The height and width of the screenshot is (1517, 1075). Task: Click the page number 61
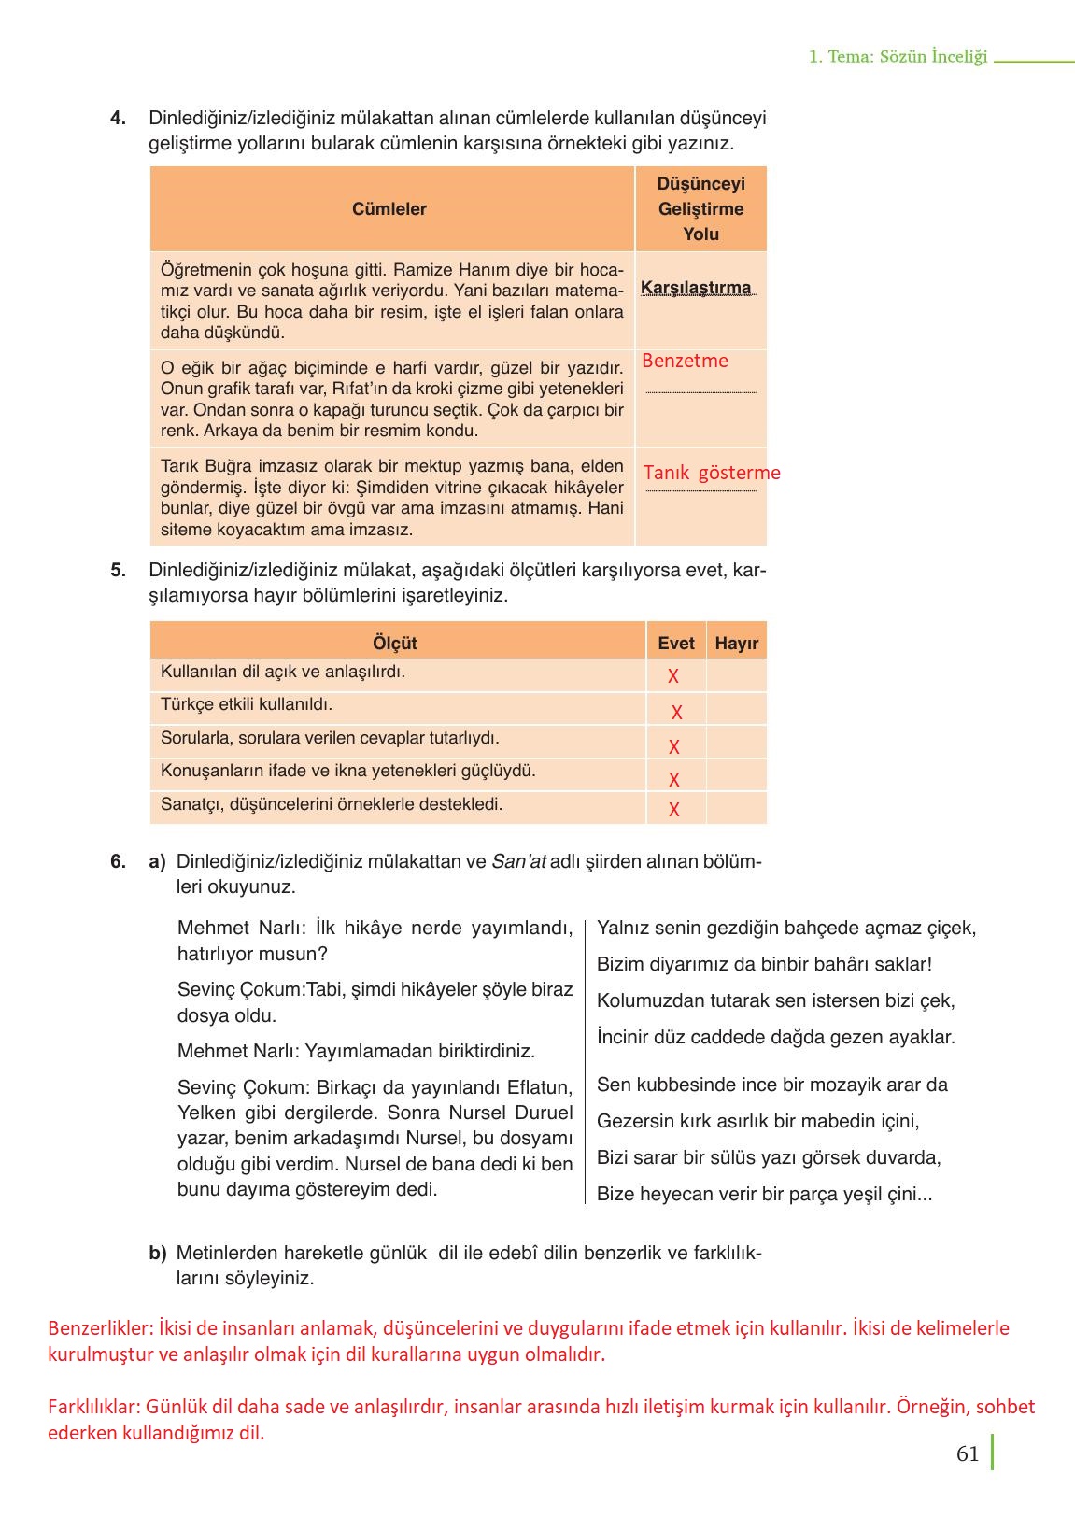(x=968, y=1453)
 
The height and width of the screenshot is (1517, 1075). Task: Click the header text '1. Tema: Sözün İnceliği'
(x=898, y=57)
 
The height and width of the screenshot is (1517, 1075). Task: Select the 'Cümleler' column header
(x=389, y=209)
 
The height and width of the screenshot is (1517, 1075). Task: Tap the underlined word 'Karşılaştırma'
(x=696, y=288)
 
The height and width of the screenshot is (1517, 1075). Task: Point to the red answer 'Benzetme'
(x=685, y=361)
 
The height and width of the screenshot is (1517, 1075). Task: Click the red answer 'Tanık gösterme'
(x=711, y=473)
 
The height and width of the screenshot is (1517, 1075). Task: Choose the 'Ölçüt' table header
(x=394, y=643)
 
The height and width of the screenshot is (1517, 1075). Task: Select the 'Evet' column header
(x=676, y=643)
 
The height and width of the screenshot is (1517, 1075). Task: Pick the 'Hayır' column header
(x=736, y=643)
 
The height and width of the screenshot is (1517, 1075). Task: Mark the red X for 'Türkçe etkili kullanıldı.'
(x=677, y=713)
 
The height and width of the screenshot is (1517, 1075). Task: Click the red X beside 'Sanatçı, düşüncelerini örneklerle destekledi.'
(x=674, y=810)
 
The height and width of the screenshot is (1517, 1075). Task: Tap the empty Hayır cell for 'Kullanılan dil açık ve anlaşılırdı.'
(x=736, y=675)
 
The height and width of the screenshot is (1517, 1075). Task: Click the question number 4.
(x=118, y=119)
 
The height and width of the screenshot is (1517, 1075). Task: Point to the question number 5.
(x=118, y=571)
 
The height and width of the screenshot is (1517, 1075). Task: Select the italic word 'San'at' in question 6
(x=518, y=862)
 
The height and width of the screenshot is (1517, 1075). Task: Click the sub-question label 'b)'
(x=157, y=1253)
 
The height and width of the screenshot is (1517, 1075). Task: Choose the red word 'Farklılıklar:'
(x=94, y=1407)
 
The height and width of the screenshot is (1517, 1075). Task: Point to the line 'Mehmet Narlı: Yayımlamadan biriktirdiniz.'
(x=356, y=1051)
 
